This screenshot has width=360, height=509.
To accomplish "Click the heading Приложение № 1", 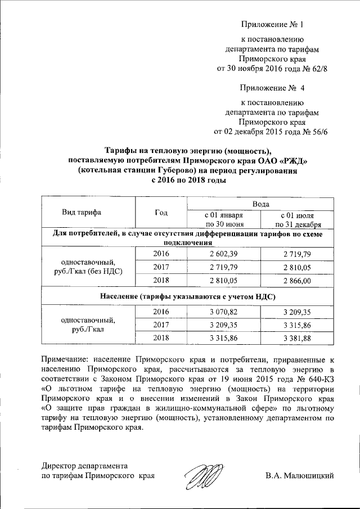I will click(272, 25).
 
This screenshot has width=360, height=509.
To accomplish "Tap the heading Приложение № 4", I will click(272, 88).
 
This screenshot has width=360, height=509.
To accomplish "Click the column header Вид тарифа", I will click(82, 213).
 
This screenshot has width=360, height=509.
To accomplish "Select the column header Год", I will click(161, 213).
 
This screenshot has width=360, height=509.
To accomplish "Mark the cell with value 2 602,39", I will click(224, 254).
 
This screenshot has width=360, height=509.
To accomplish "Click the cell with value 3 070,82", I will click(224, 310).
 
